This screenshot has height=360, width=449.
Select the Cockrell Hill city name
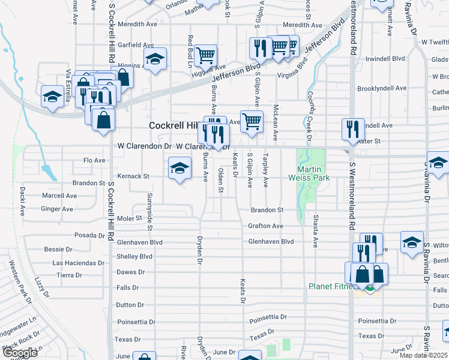[x=174, y=125]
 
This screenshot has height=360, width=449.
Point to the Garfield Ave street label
[x=136, y=45]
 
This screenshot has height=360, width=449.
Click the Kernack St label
[x=133, y=176]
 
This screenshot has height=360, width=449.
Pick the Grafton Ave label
[x=265, y=226]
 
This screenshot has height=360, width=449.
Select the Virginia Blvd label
[x=292, y=69]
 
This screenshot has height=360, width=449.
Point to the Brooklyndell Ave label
[x=382, y=88]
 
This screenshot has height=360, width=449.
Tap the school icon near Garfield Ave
[x=155, y=59]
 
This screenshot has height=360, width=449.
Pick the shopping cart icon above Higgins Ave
[x=205, y=55]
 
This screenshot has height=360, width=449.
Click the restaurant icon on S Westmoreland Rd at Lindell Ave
[x=352, y=128]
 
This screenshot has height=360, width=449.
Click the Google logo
[x=20, y=353]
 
